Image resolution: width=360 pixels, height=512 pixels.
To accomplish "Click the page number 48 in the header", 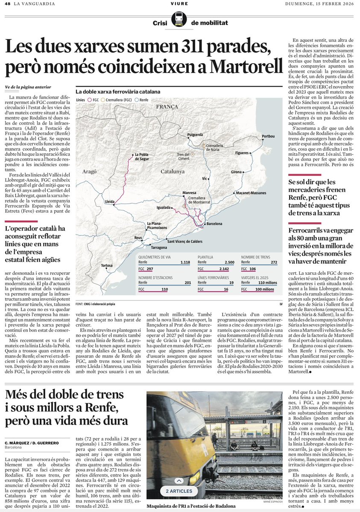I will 7,4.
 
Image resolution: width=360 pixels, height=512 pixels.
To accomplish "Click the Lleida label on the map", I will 110,201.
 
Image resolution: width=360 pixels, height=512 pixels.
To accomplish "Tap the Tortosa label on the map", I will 107,265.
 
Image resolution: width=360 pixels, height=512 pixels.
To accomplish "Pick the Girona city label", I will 236,172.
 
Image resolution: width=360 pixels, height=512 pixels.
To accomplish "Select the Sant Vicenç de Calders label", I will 184,241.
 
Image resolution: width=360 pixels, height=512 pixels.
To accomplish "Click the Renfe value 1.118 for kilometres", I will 185,262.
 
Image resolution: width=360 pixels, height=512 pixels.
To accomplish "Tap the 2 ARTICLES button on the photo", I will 179,491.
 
